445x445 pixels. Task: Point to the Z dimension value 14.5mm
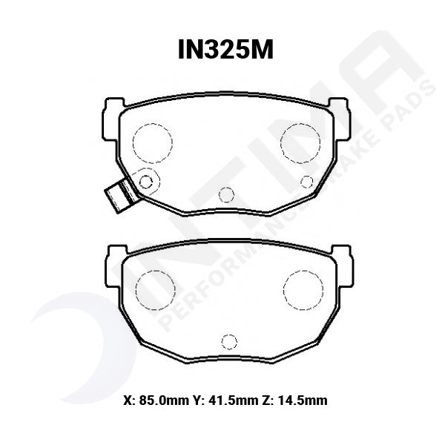[303, 401]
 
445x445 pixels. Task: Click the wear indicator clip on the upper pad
[117, 194]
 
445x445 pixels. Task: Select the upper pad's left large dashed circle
[152, 141]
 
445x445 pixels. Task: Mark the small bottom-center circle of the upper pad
[227, 194]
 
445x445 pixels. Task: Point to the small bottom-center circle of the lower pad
[230, 341]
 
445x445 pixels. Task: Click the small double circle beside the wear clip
[146, 180]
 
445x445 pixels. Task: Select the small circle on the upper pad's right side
[306, 181]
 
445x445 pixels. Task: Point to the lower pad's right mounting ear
[346, 264]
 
